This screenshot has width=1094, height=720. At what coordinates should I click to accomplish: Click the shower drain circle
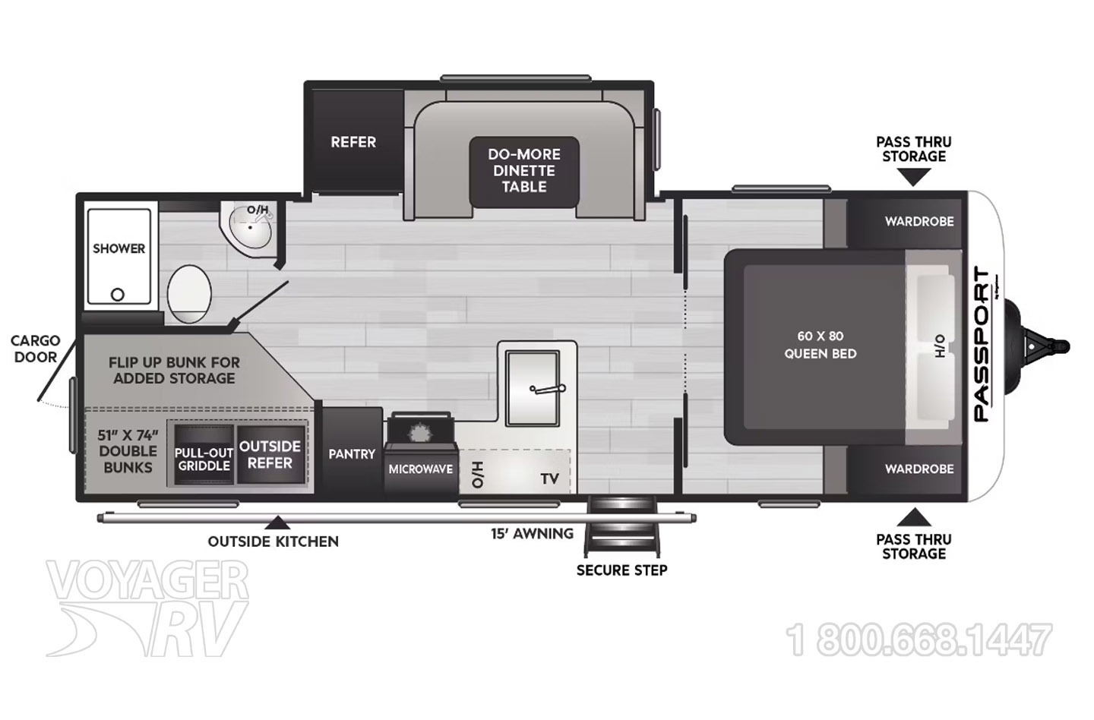pyautogui.click(x=117, y=295)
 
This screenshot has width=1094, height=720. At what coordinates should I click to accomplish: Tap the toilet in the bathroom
pyautogui.click(x=189, y=294)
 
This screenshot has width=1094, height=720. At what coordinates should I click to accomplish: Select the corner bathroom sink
pyautogui.click(x=248, y=229)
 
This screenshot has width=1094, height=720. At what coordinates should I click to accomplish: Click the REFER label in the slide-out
pyautogui.click(x=353, y=142)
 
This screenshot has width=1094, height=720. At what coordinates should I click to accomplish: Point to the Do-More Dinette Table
pyautogui.click(x=524, y=172)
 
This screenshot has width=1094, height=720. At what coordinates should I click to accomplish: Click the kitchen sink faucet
pyautogui.click(x=548, y=389)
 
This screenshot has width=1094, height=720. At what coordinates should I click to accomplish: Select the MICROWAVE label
pyautogui.click(x=421, y=469)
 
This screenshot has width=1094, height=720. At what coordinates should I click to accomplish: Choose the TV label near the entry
pyautogui.click(x=549, y=479)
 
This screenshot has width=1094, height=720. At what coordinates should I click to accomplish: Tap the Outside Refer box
pyautogui.click(x=270, y=454)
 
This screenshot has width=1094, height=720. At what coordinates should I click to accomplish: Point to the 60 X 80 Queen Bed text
pyautogui.click(x=820, y=345)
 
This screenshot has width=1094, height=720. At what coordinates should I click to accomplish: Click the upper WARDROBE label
pyautogui.click(x=919, y=222)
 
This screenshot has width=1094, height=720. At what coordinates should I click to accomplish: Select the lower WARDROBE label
pyautogui.click(x=919, y=469)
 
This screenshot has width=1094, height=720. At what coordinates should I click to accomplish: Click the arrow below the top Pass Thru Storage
pyautogui.click(x=913, y=177)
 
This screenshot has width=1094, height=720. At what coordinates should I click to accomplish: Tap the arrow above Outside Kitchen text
pyautogui.click(x=277, y=523)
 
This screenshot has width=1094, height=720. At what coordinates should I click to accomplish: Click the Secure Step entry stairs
pyautogui.click(x=621, y=526)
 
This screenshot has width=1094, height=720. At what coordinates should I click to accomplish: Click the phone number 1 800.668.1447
pyautogui.click(x=919, y=639)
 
